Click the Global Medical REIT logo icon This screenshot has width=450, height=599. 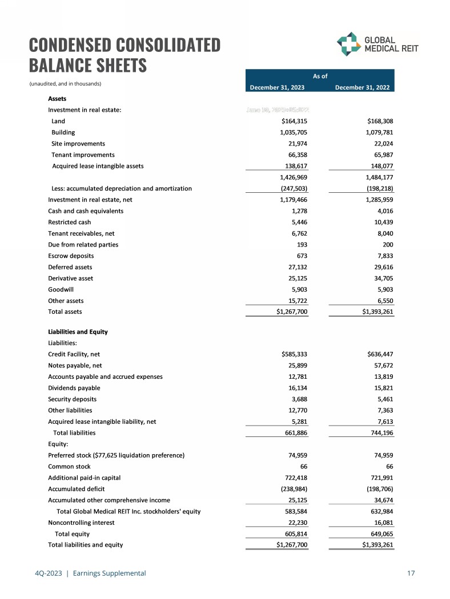pyautogui.click(x=348, y=44)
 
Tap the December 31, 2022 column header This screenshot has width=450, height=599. pyautogui.click(x=364, y=87)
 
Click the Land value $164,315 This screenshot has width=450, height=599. pyautogui.click(x=295, y=121)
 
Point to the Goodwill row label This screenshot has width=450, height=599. pyautogui.click(x=61, y=290)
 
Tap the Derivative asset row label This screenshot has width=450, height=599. pyautogui.click(x=70, y=278)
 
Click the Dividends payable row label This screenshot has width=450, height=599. pyautogui.click(x=73, y=387)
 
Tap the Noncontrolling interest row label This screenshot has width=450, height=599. pyautogui.click(x=81, y=523)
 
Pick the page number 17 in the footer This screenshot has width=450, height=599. pyautogui.click(x=411, y=573)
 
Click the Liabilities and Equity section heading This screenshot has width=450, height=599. pyautogui.click(x=78, y=331)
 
